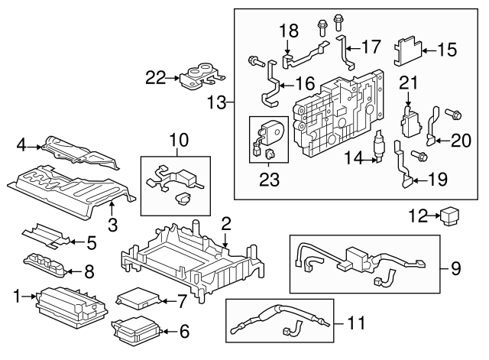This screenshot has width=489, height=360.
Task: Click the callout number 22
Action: coord(156,76)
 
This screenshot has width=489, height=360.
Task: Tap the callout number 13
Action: coord(218,102)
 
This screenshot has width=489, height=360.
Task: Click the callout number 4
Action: coord(21,142)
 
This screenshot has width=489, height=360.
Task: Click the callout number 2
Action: coord(226,223)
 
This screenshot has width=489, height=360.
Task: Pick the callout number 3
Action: coord(112,225)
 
